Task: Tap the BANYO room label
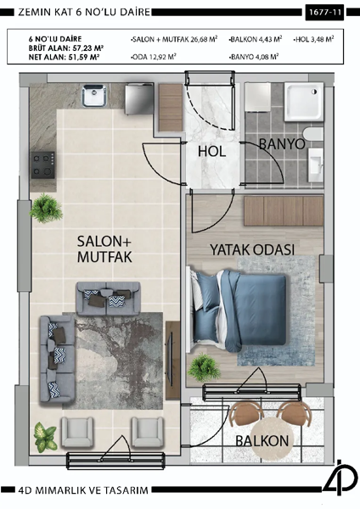point(281,144)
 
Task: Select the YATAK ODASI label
point(252,250)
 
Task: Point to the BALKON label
point(263,440)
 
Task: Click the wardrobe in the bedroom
point(281,210)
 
